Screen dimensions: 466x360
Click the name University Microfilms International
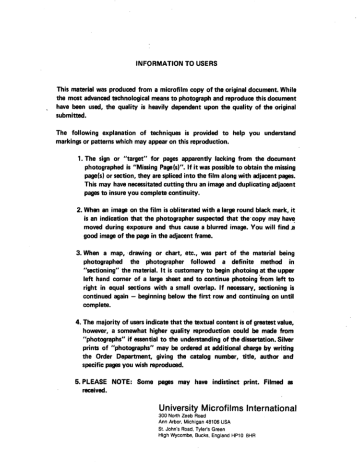[x=228, y=408]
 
